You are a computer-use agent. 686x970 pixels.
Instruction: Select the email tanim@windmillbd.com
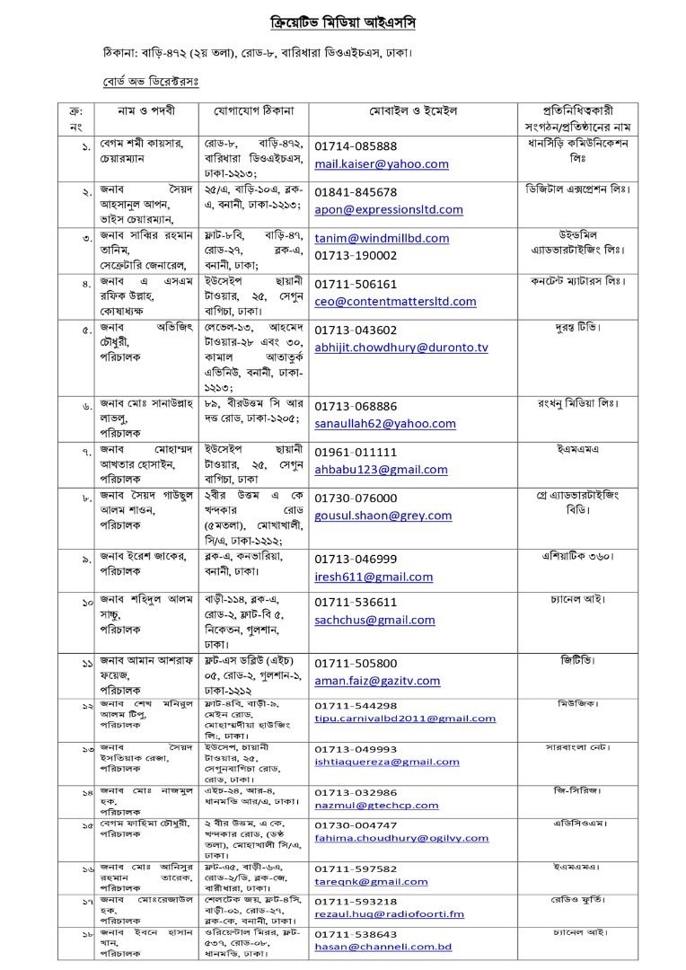pos(381,238)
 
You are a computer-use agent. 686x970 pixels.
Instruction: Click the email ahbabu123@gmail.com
pos(381,470)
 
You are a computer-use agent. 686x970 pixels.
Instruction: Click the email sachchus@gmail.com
pos(374,620)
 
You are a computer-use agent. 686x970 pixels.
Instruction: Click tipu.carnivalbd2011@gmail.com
pos(405,719)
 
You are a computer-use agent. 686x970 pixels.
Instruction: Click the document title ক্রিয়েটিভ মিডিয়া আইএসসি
pos(344,20)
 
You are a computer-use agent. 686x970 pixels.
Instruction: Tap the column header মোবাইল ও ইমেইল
pos(413,110)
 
